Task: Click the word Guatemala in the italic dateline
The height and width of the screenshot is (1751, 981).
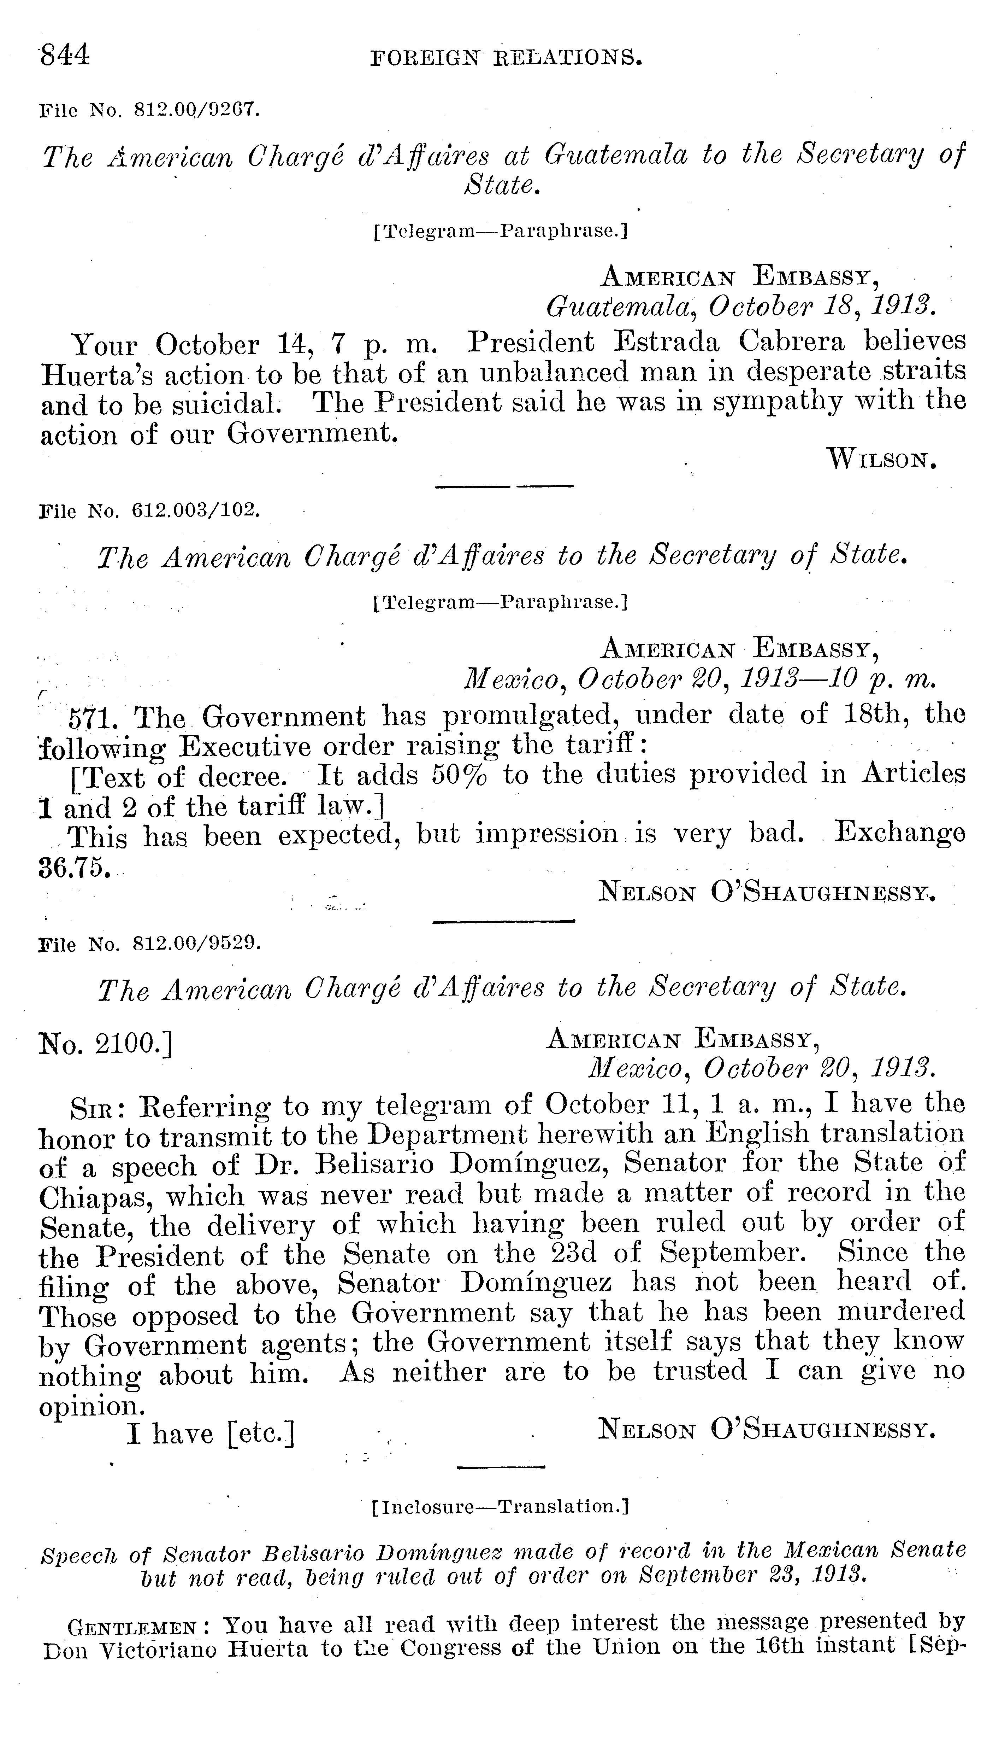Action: click(x=618, y=308)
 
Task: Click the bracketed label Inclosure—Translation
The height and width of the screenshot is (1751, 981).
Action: click(x=500, y=1506)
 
